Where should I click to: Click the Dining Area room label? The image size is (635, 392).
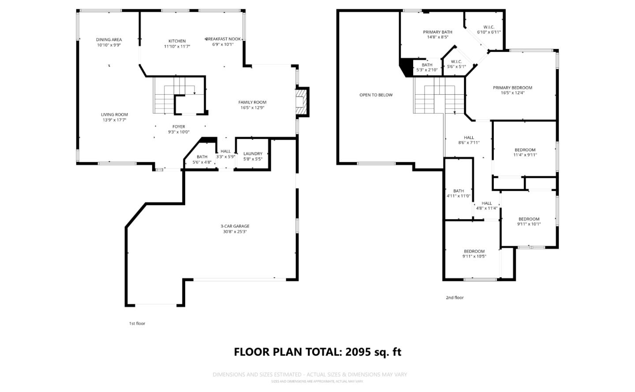coord(109,40)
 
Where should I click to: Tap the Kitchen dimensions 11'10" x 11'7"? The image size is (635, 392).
coord(177,46)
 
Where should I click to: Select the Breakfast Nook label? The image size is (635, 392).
coord(223,39)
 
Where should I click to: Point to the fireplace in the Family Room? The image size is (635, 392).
coord(301,102)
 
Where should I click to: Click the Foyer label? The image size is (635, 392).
coord(179,127)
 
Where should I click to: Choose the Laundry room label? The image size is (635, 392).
coord(253,154)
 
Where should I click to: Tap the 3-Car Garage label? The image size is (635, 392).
coord(235,226)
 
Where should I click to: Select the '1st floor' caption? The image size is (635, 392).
coord(137,324)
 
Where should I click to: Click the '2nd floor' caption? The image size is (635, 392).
coord(455,298)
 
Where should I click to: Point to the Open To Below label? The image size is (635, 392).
coord(376,95)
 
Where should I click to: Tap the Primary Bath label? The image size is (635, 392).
coord(437,32)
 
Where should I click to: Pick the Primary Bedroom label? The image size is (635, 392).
coord(512,88)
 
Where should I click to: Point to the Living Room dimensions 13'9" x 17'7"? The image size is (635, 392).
coord(114,120)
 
